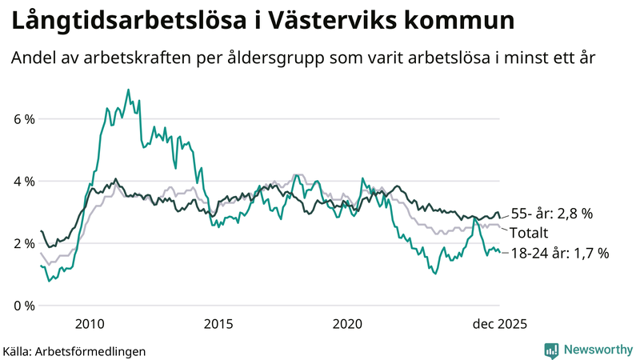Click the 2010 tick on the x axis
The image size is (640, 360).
(89, 323)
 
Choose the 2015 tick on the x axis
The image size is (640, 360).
(218, 323)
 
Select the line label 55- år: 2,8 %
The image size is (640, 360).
(552, 214)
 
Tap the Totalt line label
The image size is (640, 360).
(530, 234)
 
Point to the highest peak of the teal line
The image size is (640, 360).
(128, 90)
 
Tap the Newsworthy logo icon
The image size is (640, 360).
(552, 350)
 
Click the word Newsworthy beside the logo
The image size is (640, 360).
(597, 350)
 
